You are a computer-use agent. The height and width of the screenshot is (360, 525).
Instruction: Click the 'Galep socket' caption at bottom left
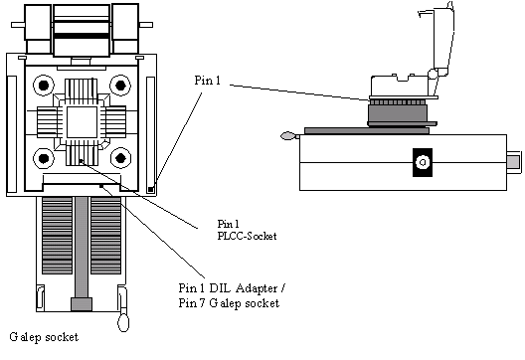click(44, 337)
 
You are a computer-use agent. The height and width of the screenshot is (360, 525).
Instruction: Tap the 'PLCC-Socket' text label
click(247, 236)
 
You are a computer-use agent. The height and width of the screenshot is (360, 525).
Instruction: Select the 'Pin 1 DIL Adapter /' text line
click(232, 288)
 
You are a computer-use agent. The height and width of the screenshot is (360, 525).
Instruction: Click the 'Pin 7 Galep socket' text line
click(229, 303)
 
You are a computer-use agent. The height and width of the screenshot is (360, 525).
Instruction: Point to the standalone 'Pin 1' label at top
click(207, 80)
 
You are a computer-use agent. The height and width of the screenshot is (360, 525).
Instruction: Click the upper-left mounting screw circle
click(44, 86)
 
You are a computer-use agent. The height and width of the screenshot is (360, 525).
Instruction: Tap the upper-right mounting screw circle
click(120, 86)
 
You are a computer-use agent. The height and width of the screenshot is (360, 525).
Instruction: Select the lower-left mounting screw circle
click(44, 158)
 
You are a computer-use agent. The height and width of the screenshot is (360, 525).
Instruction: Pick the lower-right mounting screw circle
click(120, 158)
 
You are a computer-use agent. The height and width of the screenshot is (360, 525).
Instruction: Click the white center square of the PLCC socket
click(82, 122)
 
